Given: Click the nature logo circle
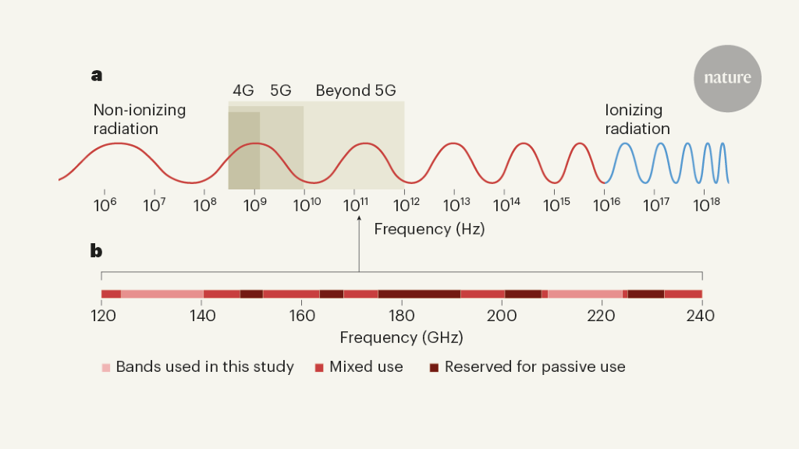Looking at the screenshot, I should (727, 78).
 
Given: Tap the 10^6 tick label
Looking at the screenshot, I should (105, 205).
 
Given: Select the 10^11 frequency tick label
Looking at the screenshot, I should (355, 205).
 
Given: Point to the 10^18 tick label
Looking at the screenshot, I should (705, 205).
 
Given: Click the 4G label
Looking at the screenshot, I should (243, 90).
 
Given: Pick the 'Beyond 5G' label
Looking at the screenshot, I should (354, 90).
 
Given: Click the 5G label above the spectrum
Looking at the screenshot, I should (281, 90).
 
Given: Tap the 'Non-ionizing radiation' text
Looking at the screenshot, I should (139, 119).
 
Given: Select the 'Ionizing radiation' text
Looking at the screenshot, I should (637, 119).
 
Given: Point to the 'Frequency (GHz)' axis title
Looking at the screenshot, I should (401, 338).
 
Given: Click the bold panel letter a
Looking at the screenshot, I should (97, 76).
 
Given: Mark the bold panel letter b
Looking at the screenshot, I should (97, 251).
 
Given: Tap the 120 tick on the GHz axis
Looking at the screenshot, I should (103, 316).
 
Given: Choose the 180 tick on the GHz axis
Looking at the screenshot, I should (401, 316).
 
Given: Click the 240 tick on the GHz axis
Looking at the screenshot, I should (701, 316).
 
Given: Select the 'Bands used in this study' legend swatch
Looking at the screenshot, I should (106, 367).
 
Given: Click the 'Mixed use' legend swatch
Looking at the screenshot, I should (319, 367).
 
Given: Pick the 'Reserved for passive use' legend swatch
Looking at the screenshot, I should (434, 367).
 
